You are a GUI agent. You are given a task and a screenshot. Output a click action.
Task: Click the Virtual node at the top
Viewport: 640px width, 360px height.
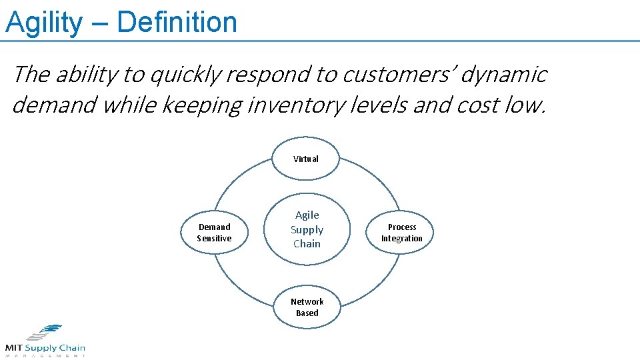pos(306,159)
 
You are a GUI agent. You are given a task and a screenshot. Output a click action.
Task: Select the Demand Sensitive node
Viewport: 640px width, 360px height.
pos(215,233)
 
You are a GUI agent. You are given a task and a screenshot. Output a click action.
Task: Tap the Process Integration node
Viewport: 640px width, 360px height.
pos(401,233)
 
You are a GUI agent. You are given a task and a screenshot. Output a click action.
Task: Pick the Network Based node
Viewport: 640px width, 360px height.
pos(307,307)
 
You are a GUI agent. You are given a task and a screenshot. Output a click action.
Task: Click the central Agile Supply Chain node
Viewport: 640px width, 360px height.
pos(307,229)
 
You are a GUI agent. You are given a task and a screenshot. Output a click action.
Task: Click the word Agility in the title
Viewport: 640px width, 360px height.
pos(43,22)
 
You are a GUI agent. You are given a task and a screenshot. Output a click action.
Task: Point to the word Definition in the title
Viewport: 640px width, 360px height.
pos(177,22)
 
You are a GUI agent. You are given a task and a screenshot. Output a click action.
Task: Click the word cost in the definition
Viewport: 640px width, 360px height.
pos(484,105)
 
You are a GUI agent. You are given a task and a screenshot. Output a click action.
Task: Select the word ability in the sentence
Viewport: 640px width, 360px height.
pos(87,75)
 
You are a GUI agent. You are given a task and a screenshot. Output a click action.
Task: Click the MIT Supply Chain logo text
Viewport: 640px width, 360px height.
pos(45,348)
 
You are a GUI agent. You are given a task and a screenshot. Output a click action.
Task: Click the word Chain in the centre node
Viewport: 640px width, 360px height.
pos(307,244)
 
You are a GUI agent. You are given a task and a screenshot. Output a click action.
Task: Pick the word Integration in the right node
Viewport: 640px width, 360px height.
pos(401,239)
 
